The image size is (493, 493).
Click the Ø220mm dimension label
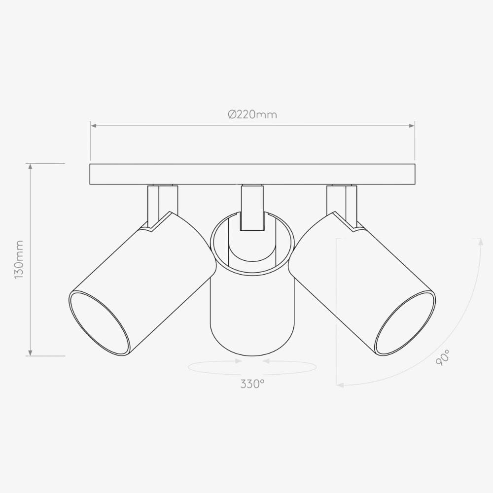coord(252,114)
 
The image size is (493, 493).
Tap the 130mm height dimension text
coord(19,260)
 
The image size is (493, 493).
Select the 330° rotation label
coord(252,384)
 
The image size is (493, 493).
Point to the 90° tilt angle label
coord(442,357)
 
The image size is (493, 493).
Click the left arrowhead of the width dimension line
coord(93,126)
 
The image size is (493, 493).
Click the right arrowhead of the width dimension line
coord(412,126)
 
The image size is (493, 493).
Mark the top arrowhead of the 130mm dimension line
coord(31,167)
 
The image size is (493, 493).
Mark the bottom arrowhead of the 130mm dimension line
coord(31,352)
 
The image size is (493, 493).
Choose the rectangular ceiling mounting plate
coord(252,174)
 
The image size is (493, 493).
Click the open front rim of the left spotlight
coord(99,323)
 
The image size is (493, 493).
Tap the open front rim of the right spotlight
coord(405,323)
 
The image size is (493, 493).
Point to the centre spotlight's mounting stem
coord(252,207)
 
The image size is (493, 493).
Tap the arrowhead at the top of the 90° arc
coord(480,241)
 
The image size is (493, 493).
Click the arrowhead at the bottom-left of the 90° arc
coord(339,385)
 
